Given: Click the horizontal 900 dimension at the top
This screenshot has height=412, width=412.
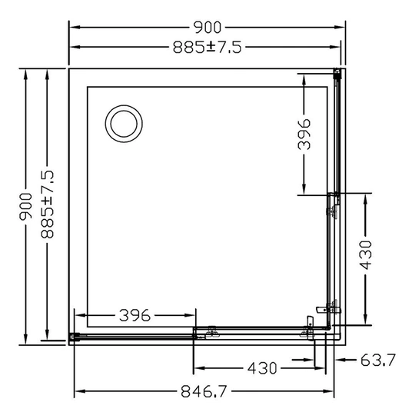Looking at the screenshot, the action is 207,28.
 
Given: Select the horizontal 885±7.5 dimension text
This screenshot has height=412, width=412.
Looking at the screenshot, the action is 207,48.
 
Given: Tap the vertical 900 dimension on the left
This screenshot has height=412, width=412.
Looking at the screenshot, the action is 26,206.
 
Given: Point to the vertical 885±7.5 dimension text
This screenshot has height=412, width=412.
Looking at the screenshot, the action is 48,204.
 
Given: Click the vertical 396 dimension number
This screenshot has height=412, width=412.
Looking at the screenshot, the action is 304,135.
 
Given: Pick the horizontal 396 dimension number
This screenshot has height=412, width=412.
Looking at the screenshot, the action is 135,315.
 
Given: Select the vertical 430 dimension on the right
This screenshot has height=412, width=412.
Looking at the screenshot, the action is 366,255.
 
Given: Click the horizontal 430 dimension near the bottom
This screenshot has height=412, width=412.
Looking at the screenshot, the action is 262,368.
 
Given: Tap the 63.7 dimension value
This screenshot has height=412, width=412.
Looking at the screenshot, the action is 378,360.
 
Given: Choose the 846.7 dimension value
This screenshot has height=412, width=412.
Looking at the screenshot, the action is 204,391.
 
